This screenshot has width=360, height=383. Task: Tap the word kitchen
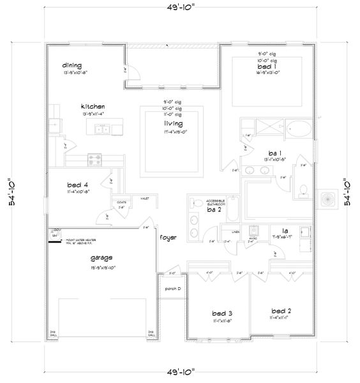[93, 106]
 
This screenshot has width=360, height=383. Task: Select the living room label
[173, 123]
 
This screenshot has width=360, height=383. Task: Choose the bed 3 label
[221, 313]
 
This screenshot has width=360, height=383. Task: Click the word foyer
[169, 237]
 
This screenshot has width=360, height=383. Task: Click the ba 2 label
[214, 209]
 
